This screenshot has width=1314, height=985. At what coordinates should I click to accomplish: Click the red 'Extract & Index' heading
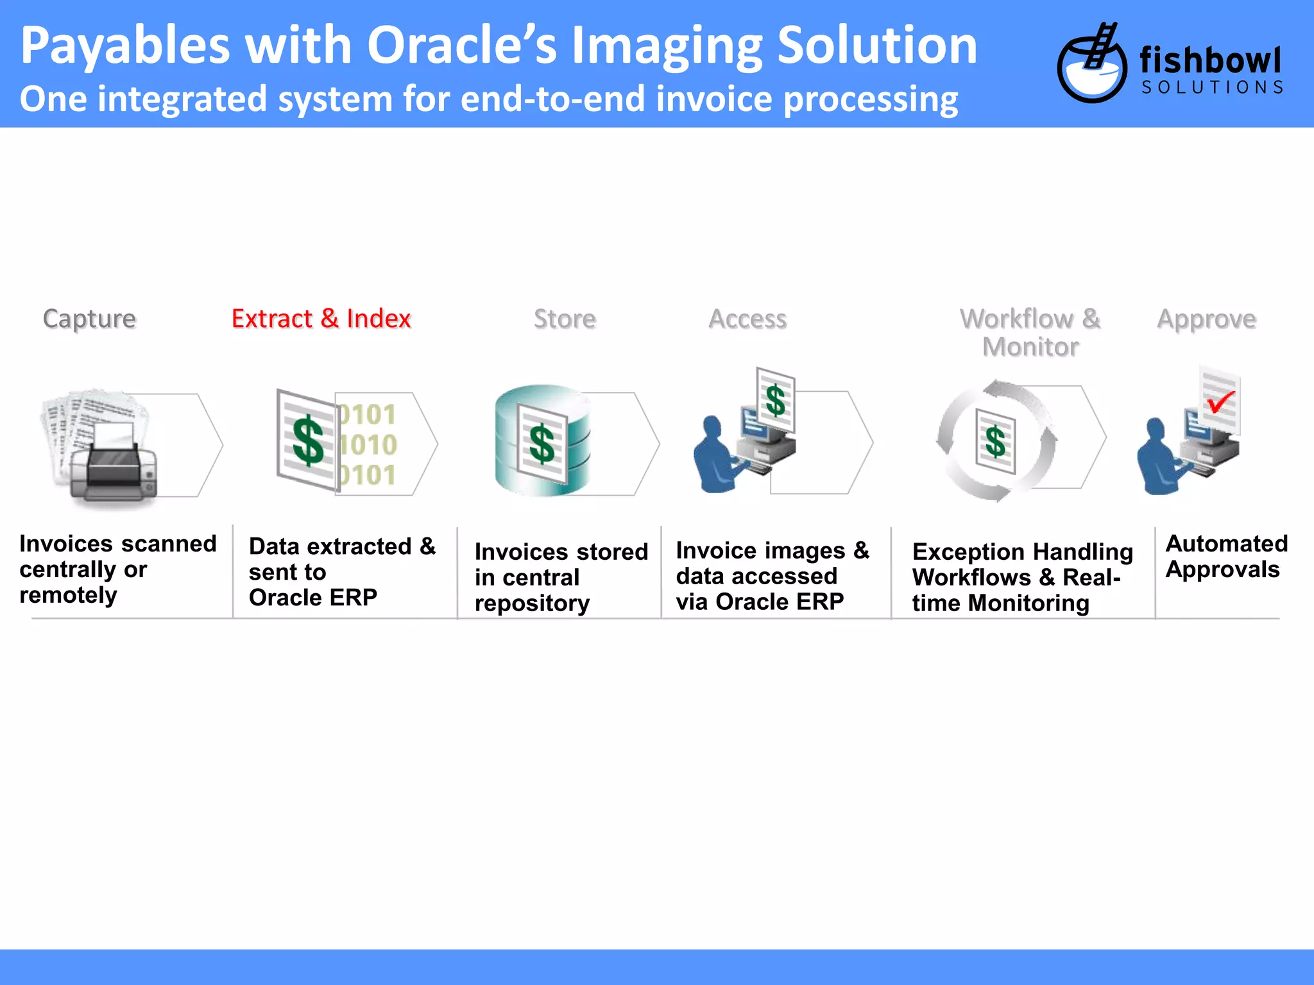click(x=321, y=319)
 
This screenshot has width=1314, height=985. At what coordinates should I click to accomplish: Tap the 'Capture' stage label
click(x=89, y=319)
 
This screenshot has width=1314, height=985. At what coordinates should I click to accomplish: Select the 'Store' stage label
click(x=565, y=319)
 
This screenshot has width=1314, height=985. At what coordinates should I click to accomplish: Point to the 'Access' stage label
click(x=747, y=319)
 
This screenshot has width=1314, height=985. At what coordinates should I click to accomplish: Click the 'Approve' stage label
click(x=1206, y=319)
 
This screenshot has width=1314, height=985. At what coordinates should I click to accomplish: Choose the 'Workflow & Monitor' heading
click(x=1030, y=332)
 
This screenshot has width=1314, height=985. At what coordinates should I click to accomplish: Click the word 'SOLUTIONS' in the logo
click(x=1212, y=87)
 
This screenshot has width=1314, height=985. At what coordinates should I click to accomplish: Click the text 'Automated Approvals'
click(x=1225, y=556)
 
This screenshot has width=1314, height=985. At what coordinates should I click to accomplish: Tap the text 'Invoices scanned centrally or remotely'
click(x=118, y=569)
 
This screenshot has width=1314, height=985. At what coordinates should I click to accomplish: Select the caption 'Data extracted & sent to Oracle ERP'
click(x=342, y=571)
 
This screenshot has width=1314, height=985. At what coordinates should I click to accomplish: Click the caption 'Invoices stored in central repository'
click(x=561, y=577)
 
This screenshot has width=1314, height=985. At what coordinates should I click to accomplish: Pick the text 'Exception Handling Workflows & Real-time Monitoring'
click(x=1022, y=577)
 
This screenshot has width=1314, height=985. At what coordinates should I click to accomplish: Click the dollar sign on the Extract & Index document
click(x=308, y=441)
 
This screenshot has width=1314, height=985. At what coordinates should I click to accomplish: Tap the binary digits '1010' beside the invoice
click(x=368, y=444)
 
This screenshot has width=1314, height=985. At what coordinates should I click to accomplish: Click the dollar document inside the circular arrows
click(x=995, y=441)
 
